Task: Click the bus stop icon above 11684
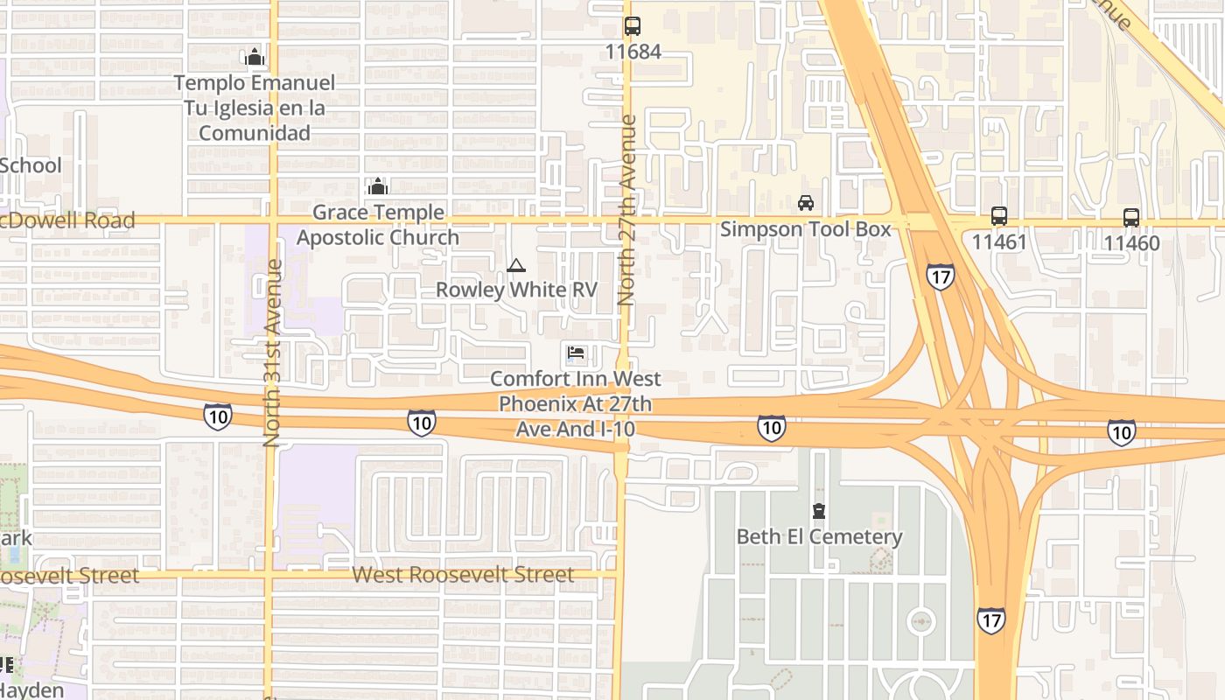(633, 26)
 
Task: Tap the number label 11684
(633, 52)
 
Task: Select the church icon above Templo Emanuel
(255, 58)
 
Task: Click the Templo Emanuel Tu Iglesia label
(255, 108)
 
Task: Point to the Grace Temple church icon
(378, 186)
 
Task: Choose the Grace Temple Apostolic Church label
(378, 225)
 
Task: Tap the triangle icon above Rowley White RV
(516, 265)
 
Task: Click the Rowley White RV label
(516, 290)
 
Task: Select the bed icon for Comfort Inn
(576, 353)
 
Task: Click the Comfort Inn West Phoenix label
(575, 404)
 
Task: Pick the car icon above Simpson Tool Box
(806, 203)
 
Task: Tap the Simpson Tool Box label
(805, 229)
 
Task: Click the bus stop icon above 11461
(998, 216)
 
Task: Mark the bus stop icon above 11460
(1131, 217)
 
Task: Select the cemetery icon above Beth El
(819, 511)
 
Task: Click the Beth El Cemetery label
(819, 536)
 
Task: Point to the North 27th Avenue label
(626, 210)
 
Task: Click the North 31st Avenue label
(272, 353)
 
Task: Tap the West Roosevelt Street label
(463, 575)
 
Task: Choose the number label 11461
(998, 242)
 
